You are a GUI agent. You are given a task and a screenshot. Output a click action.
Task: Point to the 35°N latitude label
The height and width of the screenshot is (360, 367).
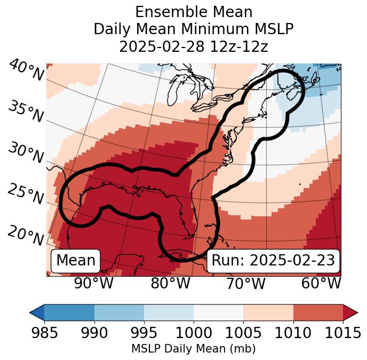click(25, 112)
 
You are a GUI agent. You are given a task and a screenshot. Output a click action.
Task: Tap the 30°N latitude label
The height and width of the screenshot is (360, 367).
click(25, 154)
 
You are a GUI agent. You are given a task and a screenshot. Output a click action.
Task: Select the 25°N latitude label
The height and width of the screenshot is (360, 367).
click(25, 194)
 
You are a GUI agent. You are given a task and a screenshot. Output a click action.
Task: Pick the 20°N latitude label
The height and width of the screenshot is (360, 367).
click(25, 236)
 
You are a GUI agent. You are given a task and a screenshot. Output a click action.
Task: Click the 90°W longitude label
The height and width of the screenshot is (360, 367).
click(94, 284)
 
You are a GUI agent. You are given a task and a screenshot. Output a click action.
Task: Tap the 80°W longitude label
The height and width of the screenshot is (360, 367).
click(170, 284)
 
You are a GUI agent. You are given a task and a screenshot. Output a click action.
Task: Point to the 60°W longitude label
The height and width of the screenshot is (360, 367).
click(321, 284)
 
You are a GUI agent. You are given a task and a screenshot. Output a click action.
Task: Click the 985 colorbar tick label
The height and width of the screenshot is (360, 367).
click(44, 333)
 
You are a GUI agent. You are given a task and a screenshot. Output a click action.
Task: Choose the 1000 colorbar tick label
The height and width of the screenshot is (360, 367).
click(194, 333)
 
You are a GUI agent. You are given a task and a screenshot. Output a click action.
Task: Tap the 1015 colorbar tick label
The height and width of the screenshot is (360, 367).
click(341, 333)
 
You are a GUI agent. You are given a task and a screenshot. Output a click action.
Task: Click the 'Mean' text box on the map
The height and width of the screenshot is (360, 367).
click(76, 261)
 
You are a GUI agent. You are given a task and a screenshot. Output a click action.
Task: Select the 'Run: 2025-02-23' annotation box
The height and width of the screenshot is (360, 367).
click(273, 261)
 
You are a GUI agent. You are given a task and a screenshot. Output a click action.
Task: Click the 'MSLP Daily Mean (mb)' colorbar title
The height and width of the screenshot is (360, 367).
click(193, 349)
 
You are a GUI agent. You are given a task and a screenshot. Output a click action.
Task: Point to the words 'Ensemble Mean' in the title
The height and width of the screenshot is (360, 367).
click(194, 12)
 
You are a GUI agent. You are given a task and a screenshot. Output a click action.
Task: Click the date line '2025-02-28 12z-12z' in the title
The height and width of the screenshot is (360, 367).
click(194, 46)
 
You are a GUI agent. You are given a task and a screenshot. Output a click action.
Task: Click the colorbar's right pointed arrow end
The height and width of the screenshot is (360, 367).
click(350, 312)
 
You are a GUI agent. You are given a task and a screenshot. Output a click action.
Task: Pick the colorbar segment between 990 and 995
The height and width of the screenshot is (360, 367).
click(119, 312)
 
